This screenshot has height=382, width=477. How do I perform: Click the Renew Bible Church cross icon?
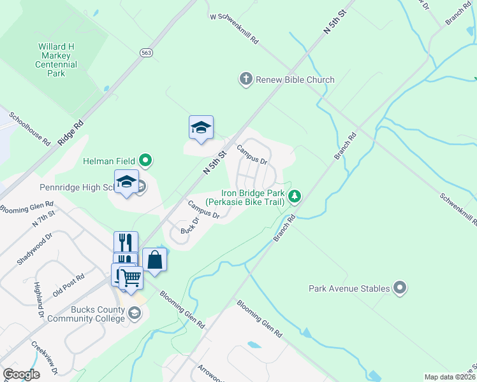245,80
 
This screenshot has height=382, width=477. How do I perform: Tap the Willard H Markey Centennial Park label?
57,60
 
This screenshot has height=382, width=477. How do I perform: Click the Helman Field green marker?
147,160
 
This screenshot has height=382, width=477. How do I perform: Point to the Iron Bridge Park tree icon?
295,196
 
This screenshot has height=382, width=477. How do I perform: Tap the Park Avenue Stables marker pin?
400,288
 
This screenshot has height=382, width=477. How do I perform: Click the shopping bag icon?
154,259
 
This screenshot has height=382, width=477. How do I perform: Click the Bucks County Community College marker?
135,313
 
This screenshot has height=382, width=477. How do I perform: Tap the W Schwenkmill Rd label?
235,29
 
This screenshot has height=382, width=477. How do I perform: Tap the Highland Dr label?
39,300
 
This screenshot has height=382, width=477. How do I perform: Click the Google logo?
21,374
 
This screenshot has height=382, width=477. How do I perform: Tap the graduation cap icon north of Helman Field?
201,128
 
